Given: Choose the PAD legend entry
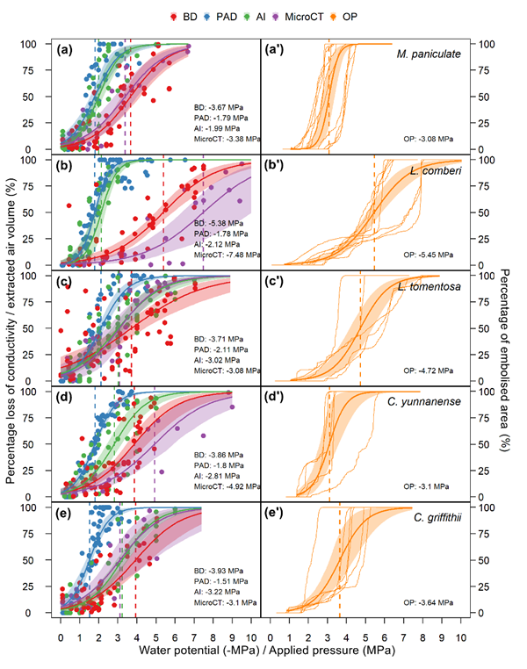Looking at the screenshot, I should [x=222, y=16].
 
